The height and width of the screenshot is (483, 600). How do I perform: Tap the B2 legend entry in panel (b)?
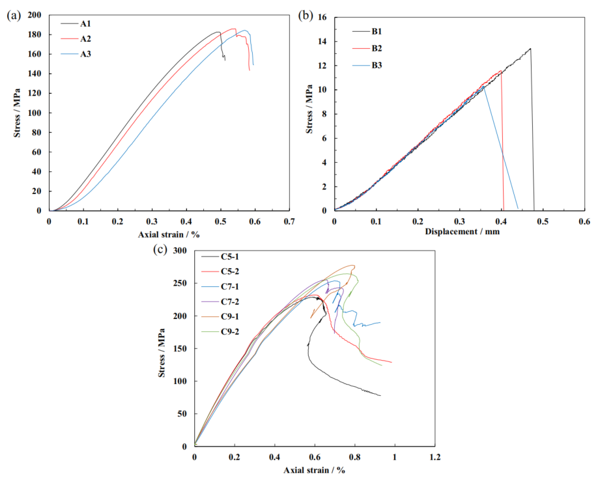tap(377, 48)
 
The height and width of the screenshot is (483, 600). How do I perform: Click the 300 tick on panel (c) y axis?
tap(180, 251)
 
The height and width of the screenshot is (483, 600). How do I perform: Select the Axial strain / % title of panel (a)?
tap(169, 232)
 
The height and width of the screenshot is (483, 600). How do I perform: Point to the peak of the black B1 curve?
tap(530, 48)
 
